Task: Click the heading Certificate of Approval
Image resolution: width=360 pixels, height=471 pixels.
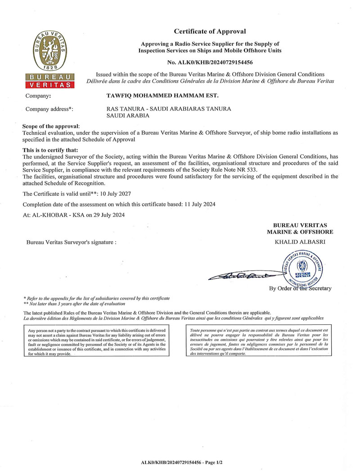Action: click(x=210, y=31)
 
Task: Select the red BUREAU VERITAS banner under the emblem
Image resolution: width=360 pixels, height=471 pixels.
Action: click(x=49, y=81)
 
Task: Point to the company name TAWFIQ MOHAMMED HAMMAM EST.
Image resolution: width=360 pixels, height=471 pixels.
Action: click(x=162, y=96)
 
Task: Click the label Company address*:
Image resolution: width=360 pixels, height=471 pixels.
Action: click(x=49, y=109)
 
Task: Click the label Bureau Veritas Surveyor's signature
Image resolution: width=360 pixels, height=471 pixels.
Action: click(x=71, y=242)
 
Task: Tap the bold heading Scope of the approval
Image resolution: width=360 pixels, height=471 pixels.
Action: click(x=51, y=127)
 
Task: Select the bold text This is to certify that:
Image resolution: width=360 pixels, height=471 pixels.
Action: click(x=50, y=150)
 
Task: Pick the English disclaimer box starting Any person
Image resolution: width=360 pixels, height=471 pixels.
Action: click(x=99, y=342)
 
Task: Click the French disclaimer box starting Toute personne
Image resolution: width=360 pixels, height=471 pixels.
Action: click(x=259, y=342)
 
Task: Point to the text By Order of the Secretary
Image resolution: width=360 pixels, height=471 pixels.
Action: click(x=300, y=288)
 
